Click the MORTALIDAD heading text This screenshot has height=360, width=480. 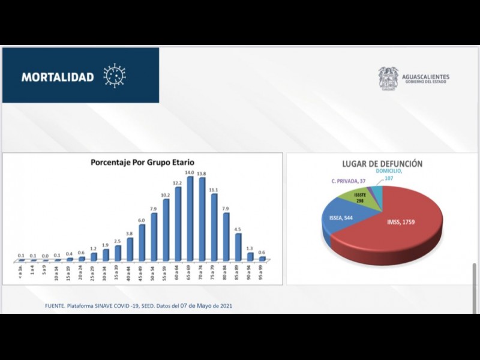click(x=58, y=77)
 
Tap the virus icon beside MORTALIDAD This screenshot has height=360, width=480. click(x=115, y=76)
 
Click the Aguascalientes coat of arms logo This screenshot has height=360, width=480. click(x=388, y=78)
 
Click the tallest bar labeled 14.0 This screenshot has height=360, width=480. click(x=190, y=219)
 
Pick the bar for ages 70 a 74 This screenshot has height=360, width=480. click(x=202, y=220)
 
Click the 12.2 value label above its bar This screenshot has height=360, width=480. click(x=178, y=182)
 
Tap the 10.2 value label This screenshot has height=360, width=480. click(x=166, y=194)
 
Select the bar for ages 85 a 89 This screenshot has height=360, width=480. click(x=238, y=247)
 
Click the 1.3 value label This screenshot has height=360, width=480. click(x=250, y=248)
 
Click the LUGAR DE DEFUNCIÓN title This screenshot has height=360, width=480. click(x=382, y=164)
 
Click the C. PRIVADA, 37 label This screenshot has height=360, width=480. click(x=348, y=181)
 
